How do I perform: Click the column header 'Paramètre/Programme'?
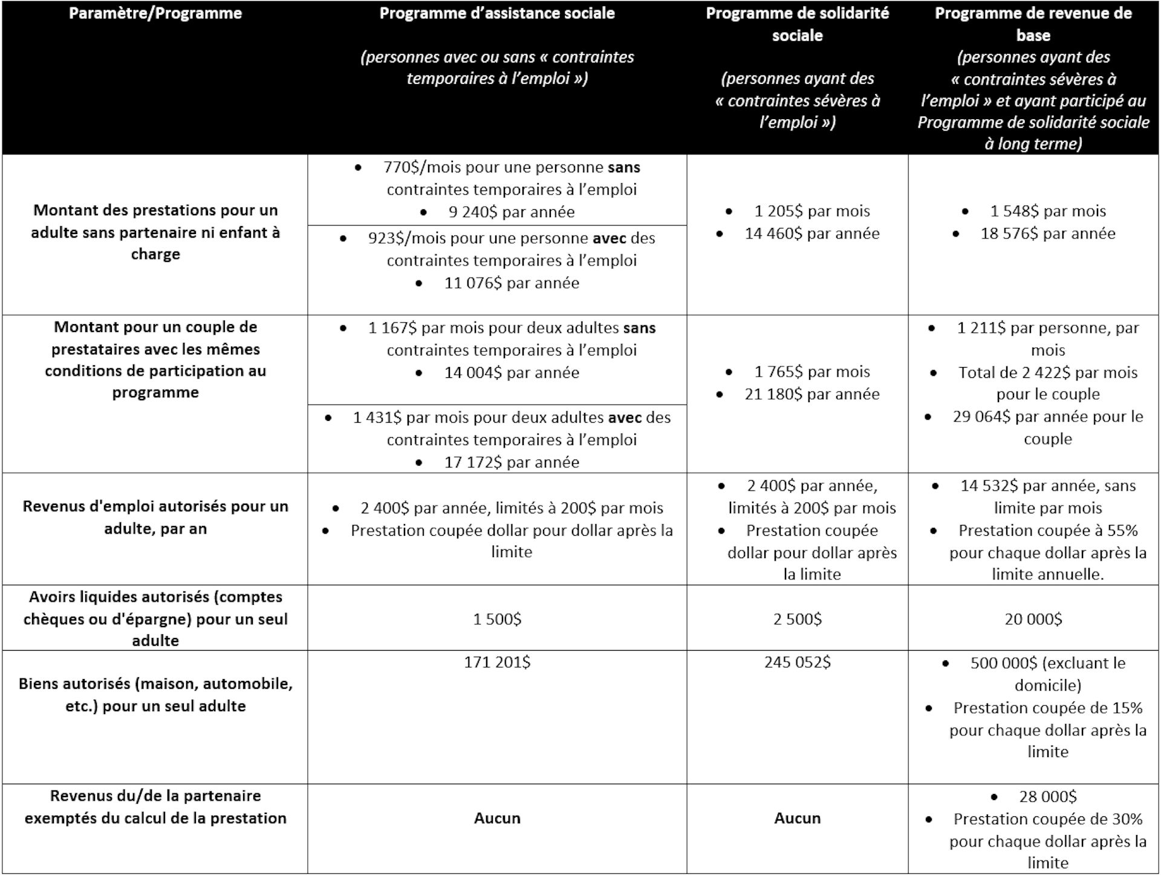click(x=155, y=13)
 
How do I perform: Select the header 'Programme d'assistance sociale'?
click(x=497, y=13)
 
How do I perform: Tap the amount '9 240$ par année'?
click(x=512, y=212)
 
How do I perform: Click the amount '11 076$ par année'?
click(x=512, y=283)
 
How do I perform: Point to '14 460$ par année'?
click(x=811, y=233)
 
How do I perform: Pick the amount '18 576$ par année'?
click(x=1047, y=233)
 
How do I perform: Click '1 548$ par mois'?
click(x=1047, y=211)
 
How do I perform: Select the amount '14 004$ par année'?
click(x=512, y=372)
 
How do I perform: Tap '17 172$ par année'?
click(x=512, y=463)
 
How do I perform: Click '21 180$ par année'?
click(x=811, y=394)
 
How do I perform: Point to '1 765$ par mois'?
click(x=811, y=372)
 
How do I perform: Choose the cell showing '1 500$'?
click(x=497, y=619)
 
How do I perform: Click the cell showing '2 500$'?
click(x=797, y=619)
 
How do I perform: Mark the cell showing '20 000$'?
click(x=1033, y=619)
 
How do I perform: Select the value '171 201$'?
click(x=497, y=663)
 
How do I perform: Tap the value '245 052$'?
click(x=797, y=663)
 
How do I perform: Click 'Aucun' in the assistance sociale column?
click(x=497, y=818)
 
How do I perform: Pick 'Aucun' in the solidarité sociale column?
click(x=797, y=818)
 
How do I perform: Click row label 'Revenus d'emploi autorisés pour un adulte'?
click(x=155, y=518)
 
